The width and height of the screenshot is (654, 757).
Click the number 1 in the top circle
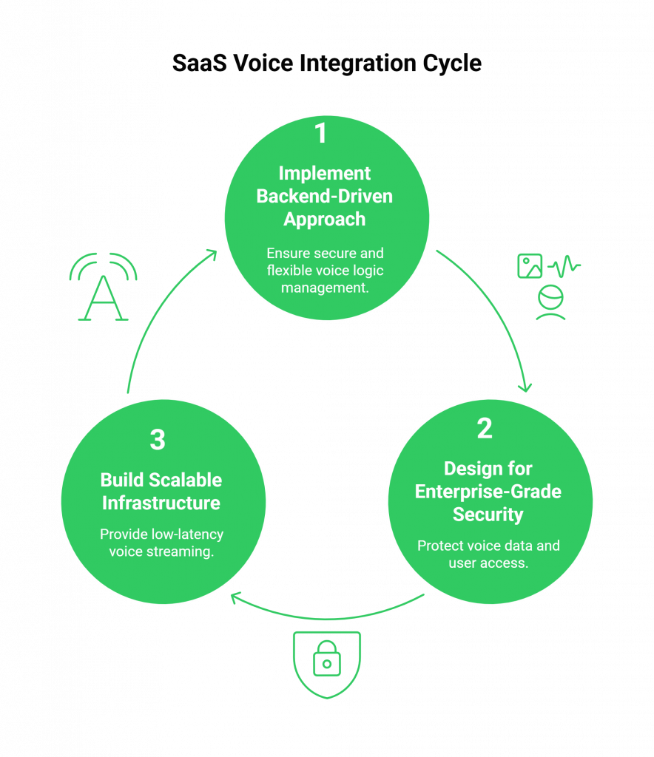point(320,134)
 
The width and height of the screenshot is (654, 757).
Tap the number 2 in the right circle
point(485,429)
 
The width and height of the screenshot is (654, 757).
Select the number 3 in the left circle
point(157,440)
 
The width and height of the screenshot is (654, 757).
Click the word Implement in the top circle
point(325,174)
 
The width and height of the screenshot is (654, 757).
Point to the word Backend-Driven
point(325,197)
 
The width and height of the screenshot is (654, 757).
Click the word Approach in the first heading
point(325,220)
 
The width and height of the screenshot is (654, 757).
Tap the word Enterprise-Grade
point(488,492)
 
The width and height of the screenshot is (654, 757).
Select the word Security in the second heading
point(488,515)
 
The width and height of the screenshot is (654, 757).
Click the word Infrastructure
point(161,503)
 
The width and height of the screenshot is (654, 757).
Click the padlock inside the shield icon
point(326,659)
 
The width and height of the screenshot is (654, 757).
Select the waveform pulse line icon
point(564,265)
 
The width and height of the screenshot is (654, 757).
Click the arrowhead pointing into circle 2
point(526,386)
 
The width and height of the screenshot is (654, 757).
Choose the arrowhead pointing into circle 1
point(212,255)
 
